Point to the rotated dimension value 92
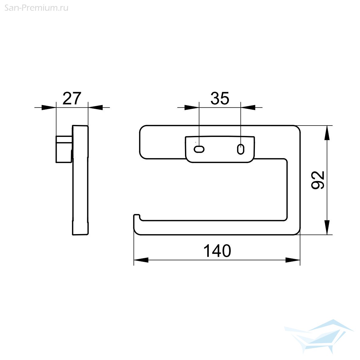point(318,180)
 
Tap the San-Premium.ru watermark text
point(36,8)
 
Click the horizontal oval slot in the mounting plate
point(199,149)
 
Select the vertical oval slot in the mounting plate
point(241,149)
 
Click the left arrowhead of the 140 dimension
point(141,260)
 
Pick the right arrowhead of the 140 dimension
point(293,260)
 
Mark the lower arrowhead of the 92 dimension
point(327,227)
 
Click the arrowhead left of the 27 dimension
point(49,107)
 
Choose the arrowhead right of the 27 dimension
point(95,107)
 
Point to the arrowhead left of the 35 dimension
point(192,107)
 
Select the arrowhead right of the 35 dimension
point(248,107)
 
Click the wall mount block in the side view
point(64,149)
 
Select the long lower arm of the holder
point(213,228)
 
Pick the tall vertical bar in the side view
point(80,180)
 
